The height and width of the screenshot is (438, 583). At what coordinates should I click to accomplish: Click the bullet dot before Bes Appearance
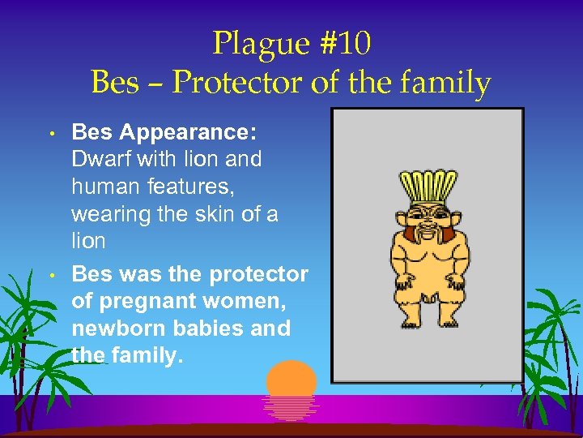50,132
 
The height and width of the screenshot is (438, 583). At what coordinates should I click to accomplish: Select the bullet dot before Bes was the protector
50,275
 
